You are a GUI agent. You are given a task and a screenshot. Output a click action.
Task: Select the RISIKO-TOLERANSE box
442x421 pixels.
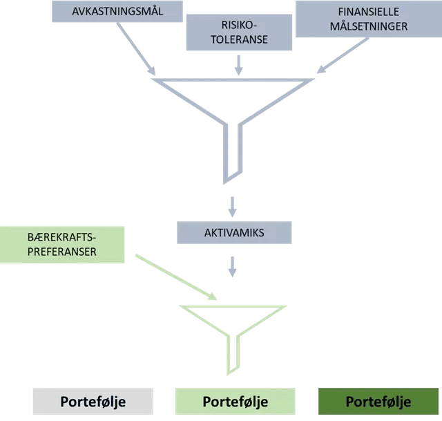239,32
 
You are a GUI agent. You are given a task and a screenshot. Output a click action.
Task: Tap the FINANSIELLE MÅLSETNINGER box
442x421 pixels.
367,19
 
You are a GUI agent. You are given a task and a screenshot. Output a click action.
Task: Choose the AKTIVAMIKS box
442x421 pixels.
235,232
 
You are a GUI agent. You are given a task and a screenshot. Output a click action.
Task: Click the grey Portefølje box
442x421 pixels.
93,401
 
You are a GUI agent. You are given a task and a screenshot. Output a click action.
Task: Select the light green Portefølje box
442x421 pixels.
235,401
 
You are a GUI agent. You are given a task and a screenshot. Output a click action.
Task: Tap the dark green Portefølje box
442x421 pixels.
378,401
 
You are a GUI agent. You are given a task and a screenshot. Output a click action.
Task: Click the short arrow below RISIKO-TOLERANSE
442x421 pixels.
239,64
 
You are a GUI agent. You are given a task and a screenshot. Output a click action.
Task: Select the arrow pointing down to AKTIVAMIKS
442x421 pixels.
233,205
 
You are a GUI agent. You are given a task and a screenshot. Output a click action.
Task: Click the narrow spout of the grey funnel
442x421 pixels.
233,152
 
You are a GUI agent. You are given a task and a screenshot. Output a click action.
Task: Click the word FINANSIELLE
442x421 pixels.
369,12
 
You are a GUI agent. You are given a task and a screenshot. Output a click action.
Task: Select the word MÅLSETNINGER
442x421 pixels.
368,26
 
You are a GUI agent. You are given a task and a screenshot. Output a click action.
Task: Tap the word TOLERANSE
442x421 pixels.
239,39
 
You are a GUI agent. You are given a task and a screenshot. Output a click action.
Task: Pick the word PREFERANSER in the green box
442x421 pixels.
61,253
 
